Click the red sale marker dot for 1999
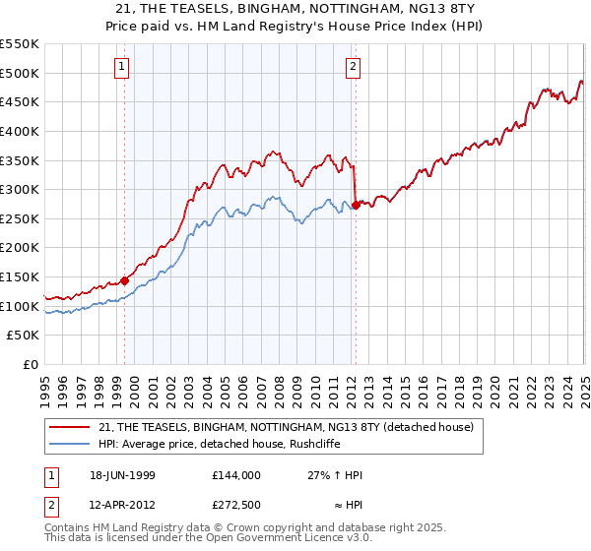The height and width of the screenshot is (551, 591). pos(125,280)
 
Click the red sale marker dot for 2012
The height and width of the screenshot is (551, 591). pos(356,206)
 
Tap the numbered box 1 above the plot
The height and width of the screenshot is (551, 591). pos(121,67)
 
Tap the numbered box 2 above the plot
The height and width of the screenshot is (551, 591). pos(352,67)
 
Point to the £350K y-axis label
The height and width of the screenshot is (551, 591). pos(21,160)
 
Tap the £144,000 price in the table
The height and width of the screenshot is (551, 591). pos(235,475)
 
